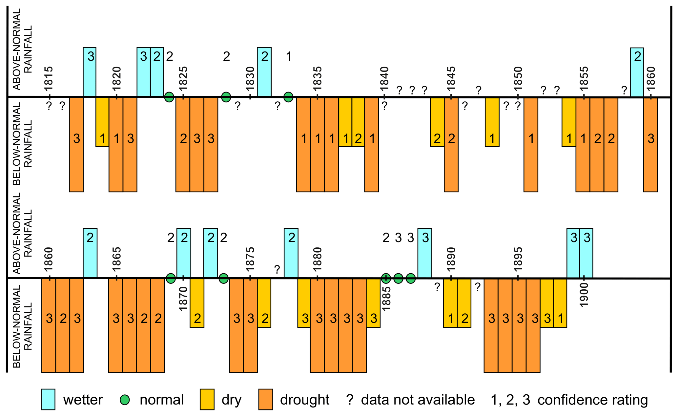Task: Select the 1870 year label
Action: coord(184,298)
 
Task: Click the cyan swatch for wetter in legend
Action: coord(48,399)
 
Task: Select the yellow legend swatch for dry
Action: coord(207,399)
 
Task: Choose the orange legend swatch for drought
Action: coord(266,399)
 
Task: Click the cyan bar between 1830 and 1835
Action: coord(264,72)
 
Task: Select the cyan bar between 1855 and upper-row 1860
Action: coord(637,72)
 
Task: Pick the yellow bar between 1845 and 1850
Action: coord(492,122)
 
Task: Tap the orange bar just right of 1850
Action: coord(531,144)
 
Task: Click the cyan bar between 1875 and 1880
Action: coord(291,253)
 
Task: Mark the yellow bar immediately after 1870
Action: coord(197,302)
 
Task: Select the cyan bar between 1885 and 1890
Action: coord(424,253)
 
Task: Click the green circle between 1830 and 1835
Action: coord(288,97)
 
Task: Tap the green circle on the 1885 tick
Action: coord(386,279)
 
